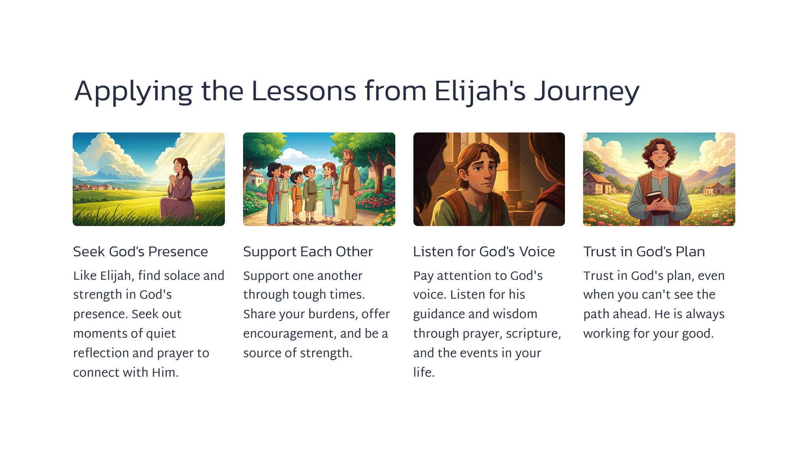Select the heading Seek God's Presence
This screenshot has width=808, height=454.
tap(140, 251)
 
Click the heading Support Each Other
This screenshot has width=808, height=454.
tap(308, 251)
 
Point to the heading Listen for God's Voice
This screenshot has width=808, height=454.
tap(484, 251)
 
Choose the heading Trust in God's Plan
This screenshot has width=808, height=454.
tap(644, 251)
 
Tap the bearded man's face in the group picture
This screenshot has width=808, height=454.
tap(347, 158)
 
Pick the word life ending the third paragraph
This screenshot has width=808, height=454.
tap(423, 372)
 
